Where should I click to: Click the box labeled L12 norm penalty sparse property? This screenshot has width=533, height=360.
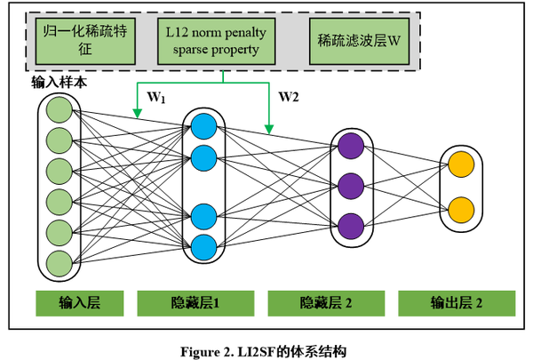pyautogui.click(x=216, y=41)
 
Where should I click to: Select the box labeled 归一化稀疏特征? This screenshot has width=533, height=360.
pyautogui.click(x=85, y=41)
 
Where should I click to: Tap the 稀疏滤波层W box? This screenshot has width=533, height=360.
pyautogui.click(x=359, y=41)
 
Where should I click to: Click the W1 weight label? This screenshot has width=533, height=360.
pyautogui.click(x=156, y=97)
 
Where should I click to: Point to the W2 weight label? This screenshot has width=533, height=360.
pyautogui.click(x=289, y=97)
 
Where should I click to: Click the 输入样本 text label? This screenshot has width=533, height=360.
pyautogui.click(x=60, y=83)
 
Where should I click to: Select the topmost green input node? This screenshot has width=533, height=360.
pyautogui.click(x=60, y=109)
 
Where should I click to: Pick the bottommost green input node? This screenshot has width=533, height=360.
pyautogui.click(x=60, y=263)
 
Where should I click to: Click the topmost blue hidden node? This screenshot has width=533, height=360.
pyautogui.click(x=204, y=126)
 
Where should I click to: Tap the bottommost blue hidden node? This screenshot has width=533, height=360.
pyautogui.click(x=204, y=247)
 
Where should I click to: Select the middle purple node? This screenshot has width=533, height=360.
pyautogui.click(x=351, y=186)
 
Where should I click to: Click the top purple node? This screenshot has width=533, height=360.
pyautogui.click(x=351, y=146)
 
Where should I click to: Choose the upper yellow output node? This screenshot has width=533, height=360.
pyautogui.click(x=461, y=164)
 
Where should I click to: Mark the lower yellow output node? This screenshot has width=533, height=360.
pyautogui.click(x=461, y=210)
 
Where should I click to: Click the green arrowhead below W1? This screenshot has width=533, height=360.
pyautogui.click(x=137, y=114)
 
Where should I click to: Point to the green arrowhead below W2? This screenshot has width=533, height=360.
pyautogui.click(x=269, y=130)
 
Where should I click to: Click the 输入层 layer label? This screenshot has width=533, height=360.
pyautogui.click(x=80, y=303)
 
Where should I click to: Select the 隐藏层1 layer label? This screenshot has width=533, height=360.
pyautogui.click(x=195, y=303)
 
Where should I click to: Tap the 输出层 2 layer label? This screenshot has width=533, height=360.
pyautogui.click(x=457, y=303)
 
